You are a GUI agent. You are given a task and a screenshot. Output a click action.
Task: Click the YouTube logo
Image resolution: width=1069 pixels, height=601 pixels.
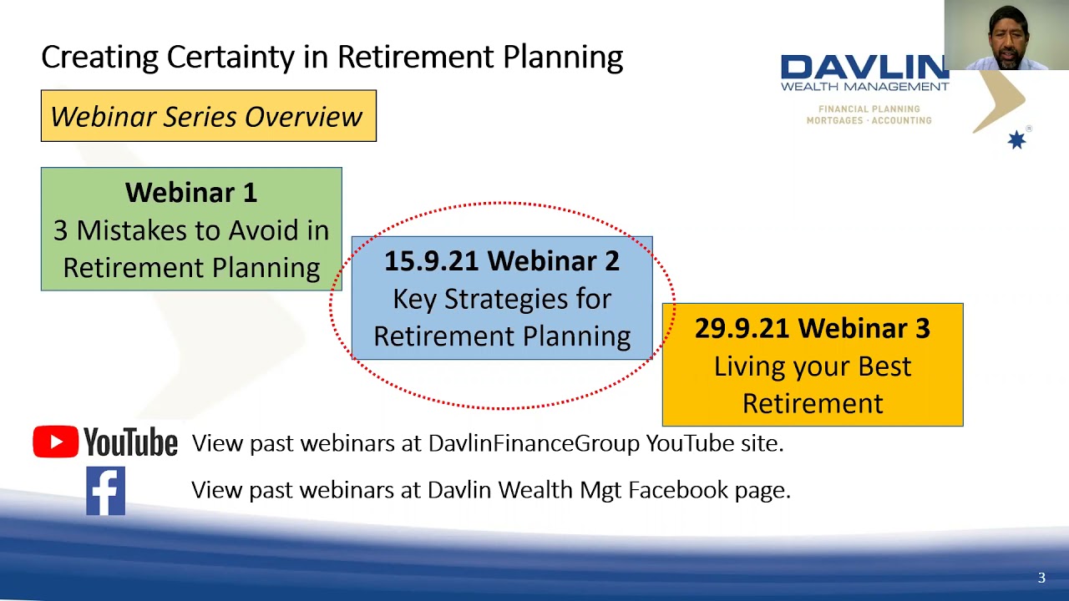[105, 442]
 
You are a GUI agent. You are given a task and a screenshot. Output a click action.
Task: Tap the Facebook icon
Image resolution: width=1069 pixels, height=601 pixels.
[105, 491]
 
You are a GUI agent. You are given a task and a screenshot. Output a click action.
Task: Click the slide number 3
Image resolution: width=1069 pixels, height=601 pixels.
[1041, 578]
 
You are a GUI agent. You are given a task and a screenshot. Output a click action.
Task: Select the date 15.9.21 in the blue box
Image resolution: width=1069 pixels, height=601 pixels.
[430, 261]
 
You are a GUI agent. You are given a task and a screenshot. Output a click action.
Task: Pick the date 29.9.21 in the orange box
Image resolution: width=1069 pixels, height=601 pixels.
[742, 329]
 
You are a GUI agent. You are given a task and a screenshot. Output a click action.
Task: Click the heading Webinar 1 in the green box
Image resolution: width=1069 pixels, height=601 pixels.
[191, 193]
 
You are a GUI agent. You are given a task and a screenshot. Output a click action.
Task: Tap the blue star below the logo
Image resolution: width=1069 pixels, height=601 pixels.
[1016, 140]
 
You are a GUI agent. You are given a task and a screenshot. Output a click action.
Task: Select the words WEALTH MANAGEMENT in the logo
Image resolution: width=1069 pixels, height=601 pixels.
[864, 86]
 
